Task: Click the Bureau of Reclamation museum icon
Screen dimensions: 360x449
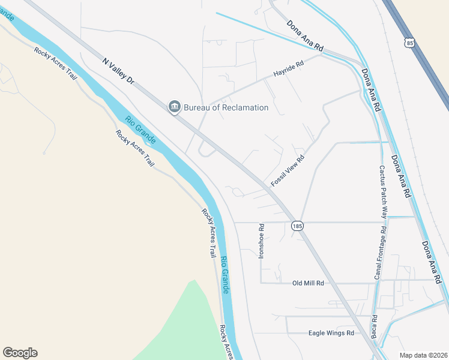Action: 175,107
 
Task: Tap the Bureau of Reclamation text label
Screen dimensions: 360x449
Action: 226,107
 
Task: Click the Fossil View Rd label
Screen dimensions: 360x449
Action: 288,170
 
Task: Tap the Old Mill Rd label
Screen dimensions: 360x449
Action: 308,283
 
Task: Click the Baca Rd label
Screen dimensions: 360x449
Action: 374,326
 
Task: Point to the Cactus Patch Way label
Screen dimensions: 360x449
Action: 383,191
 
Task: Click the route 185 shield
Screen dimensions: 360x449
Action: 297,226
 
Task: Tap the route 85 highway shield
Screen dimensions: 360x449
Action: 409,43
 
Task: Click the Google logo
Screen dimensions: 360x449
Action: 20,352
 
